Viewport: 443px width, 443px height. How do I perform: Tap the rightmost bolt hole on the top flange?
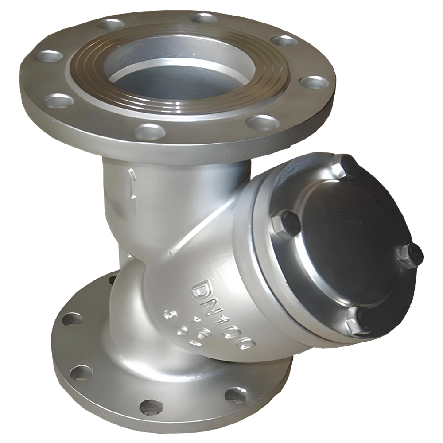pyautogui.click(x=314, y=82)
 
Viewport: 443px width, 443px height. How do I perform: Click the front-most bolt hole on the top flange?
pyautogui.click(x=149, y=132)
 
